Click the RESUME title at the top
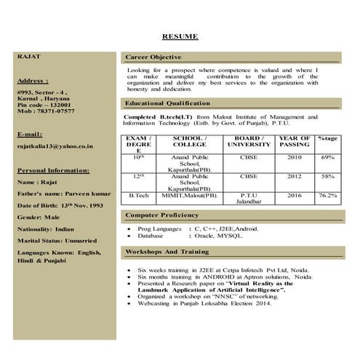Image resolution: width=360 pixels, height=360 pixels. (180, 36)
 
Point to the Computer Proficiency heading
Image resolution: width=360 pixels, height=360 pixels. (161, 215)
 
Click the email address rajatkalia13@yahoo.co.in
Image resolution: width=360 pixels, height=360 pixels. (55, 146)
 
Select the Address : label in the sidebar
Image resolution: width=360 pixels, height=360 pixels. (33, 81)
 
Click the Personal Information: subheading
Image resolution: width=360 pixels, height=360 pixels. (53, 170)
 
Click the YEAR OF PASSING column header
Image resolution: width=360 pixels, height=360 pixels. (295, 141)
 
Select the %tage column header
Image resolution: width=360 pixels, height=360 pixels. (327, 138)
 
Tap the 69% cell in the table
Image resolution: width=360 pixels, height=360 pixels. (327, 157)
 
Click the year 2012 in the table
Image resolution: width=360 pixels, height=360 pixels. (295, 176)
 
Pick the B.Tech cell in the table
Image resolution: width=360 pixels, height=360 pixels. (139, 196)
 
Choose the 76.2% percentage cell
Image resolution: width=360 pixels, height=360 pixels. (327, 196)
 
